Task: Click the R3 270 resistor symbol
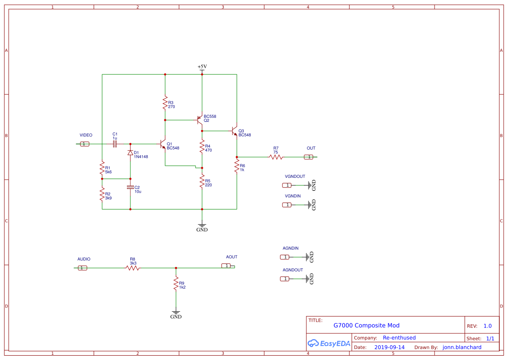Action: click(x=165, y=103)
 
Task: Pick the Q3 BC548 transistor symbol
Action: click(x=235, y=131)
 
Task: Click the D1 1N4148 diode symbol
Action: click(x=130, y=153)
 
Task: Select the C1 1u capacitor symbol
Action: click(x=115, y=144)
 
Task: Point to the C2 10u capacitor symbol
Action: click(x=130, y=187)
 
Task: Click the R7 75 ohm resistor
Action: click(x=276, y=157)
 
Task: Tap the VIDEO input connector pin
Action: click(x=85, y=144)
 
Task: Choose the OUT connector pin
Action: click(x=309, y=157)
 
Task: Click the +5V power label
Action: click(x=202, y=67)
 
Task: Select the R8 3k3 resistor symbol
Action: click(x=133, y=268)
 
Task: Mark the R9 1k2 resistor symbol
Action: click(x=176, y=285)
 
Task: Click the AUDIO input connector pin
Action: click(x=82, y=268)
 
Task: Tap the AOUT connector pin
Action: click(x=226, y=266)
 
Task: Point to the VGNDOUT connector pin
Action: click(x=287, y=185)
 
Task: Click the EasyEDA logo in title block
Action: click(x=329, y=343)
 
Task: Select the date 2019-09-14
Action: click(x=389, y=347)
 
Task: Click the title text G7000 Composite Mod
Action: click(x=366, y=325)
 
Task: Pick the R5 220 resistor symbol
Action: click(x=202, y=182)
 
